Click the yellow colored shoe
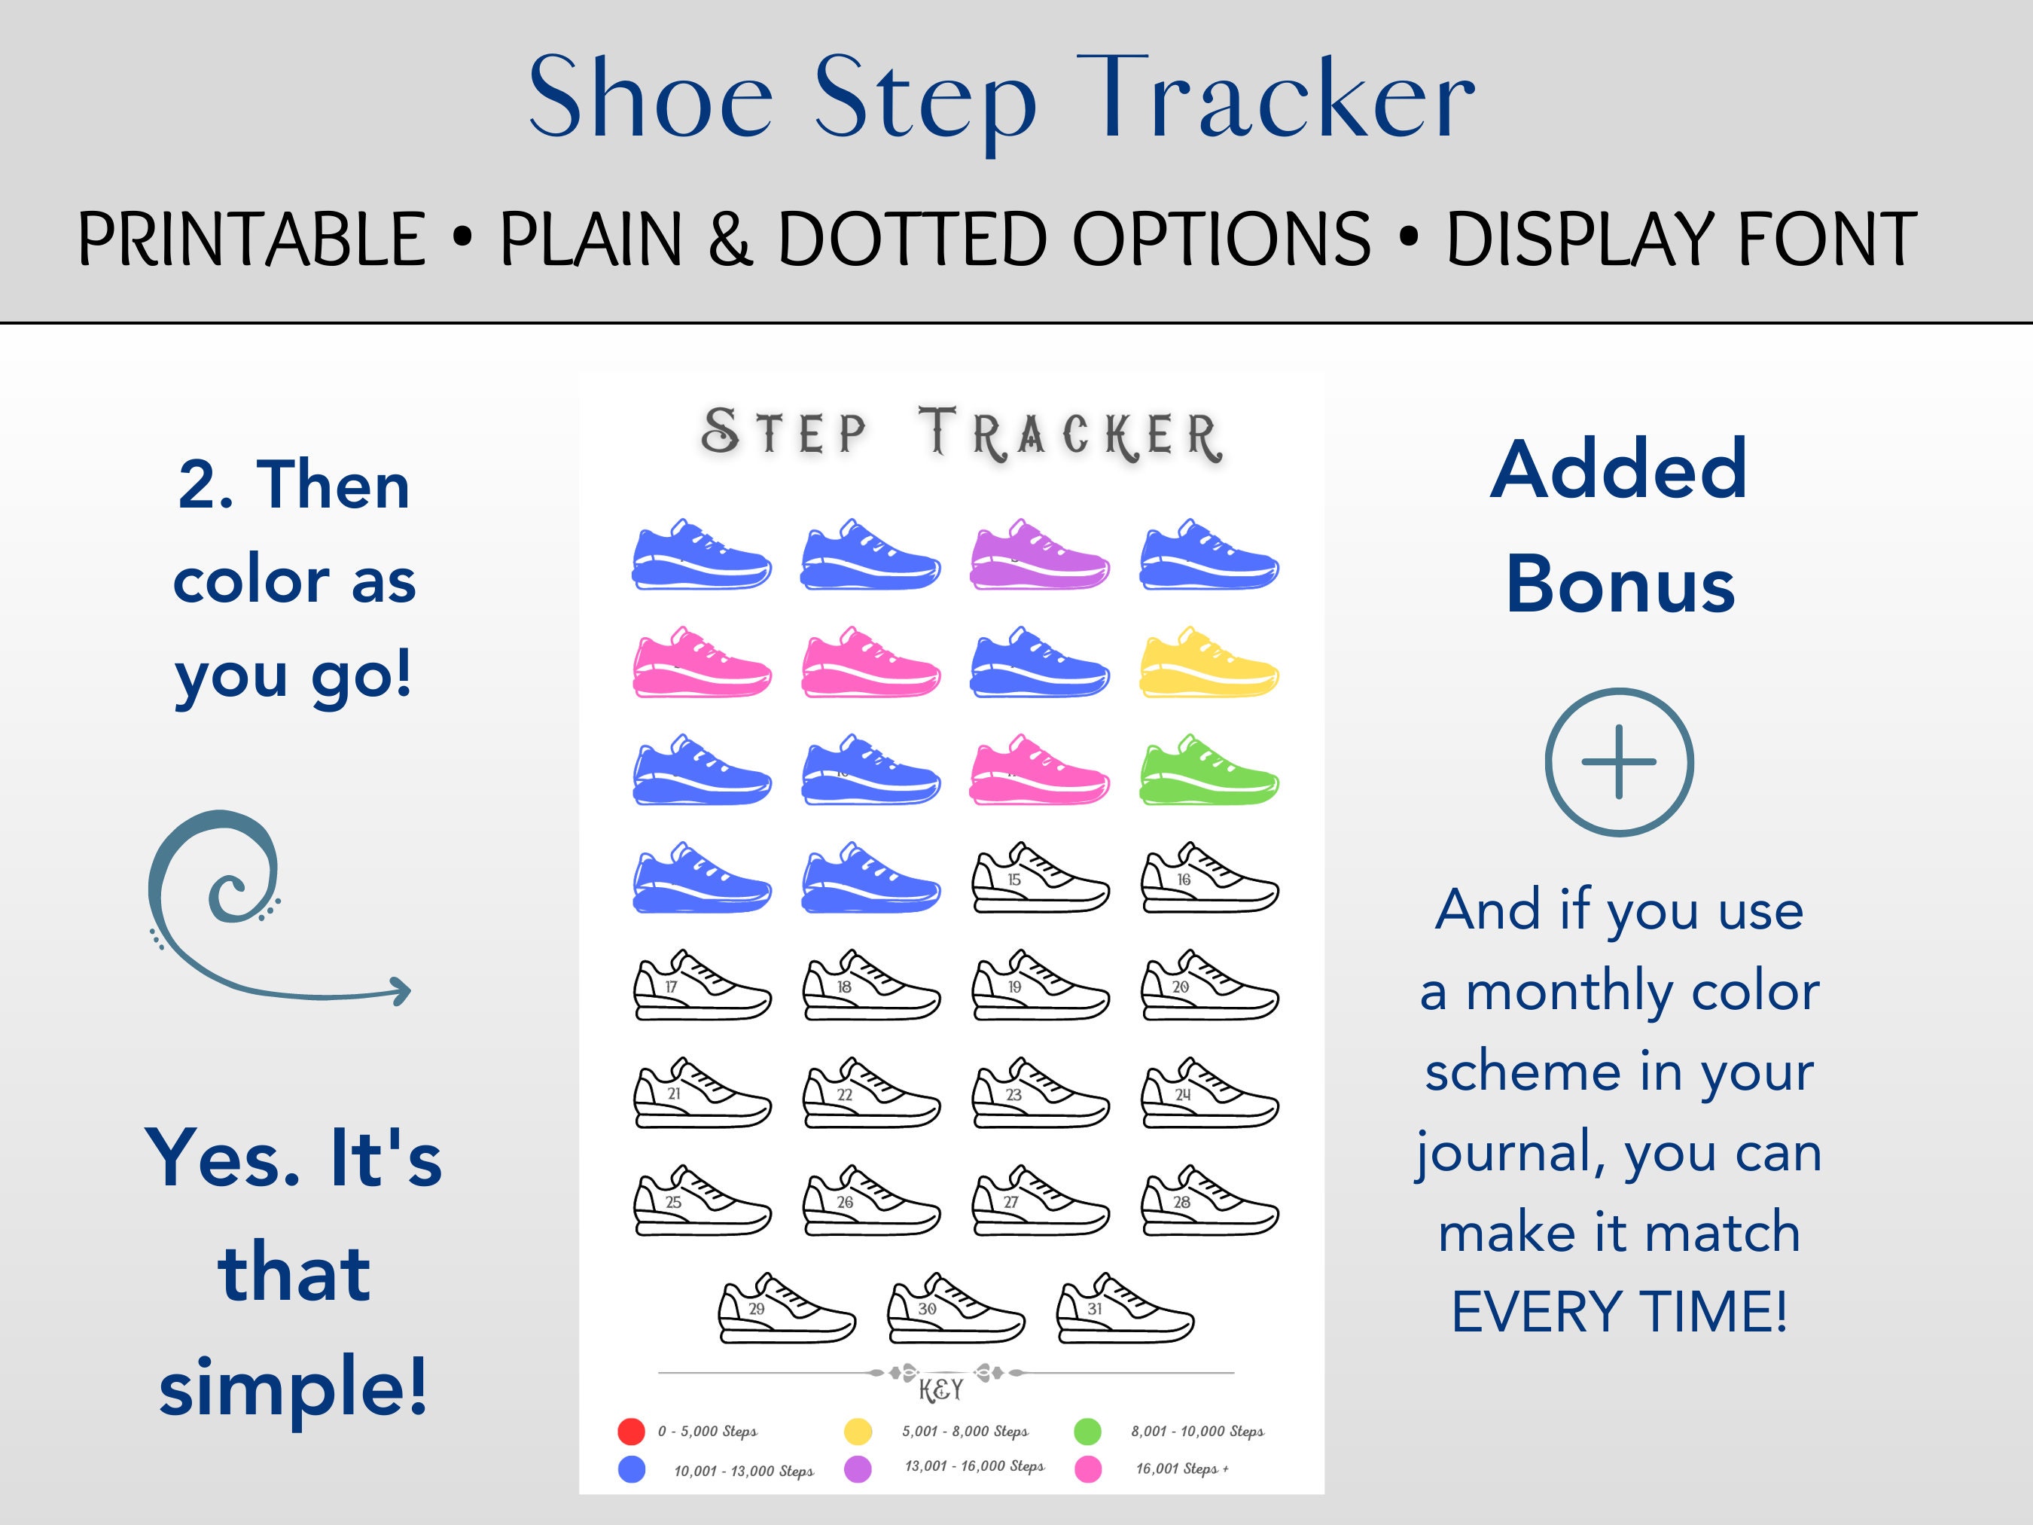1209,663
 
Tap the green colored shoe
1209,771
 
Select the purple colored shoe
1040,555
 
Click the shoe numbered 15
1040,880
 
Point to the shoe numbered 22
870,1095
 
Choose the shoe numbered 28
1209,1203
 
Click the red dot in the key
632,1431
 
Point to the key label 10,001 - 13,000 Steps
743,1471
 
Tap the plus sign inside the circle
1619,762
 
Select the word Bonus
1620,586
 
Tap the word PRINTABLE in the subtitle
251,240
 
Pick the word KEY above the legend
940,1390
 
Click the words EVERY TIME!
1620,1311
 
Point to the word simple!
293,1387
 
